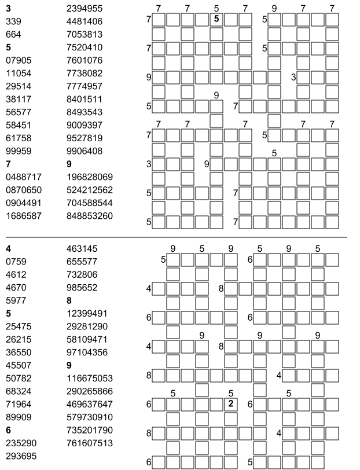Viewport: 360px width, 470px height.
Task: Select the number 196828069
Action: (90, 177)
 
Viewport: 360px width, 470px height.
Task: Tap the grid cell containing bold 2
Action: (231, 403)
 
